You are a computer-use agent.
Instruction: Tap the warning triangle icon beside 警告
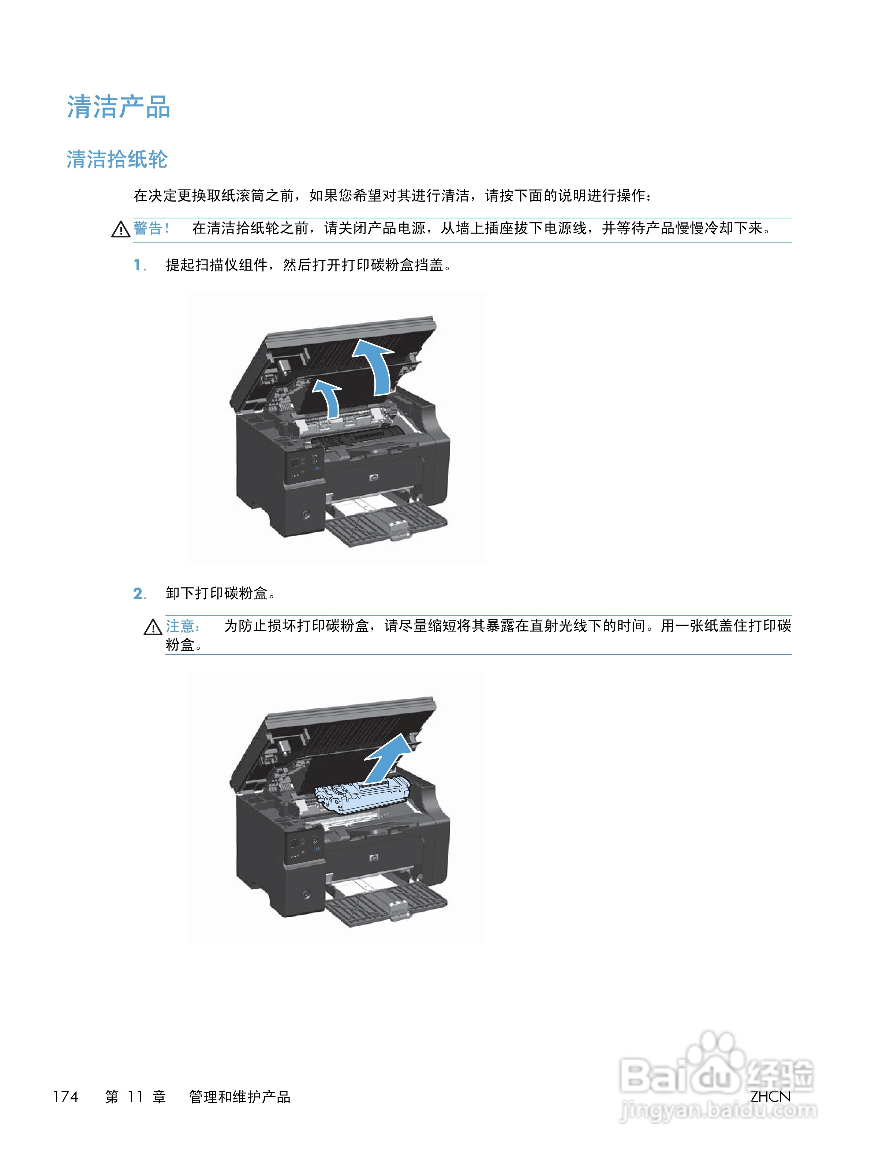click(120, 229)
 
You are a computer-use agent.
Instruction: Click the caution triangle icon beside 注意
click(153, 627)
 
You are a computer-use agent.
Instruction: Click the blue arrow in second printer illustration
click(387, 757)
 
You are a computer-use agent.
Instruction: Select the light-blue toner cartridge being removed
click(362, 795)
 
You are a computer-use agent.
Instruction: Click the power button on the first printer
click(306, 514)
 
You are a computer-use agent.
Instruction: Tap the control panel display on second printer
click(295, 843)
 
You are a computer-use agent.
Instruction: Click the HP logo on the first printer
click(373, 477)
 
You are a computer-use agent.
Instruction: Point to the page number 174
click(66, 1096)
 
